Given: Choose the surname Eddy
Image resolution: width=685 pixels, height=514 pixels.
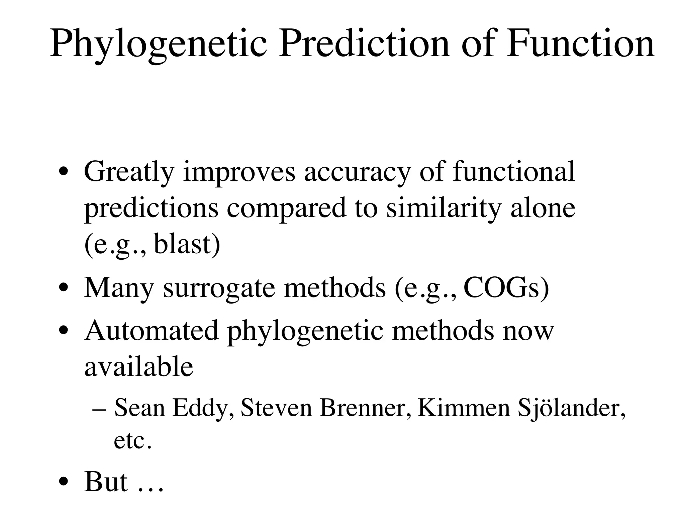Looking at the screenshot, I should (203, 409).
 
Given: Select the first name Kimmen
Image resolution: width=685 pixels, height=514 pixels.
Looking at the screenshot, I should (464, 408).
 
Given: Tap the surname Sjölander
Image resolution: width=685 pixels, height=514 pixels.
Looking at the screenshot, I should (571, 409).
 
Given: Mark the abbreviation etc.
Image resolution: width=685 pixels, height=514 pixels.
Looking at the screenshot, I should (132, 441).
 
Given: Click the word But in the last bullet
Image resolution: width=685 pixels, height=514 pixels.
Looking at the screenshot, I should (106, 482).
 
